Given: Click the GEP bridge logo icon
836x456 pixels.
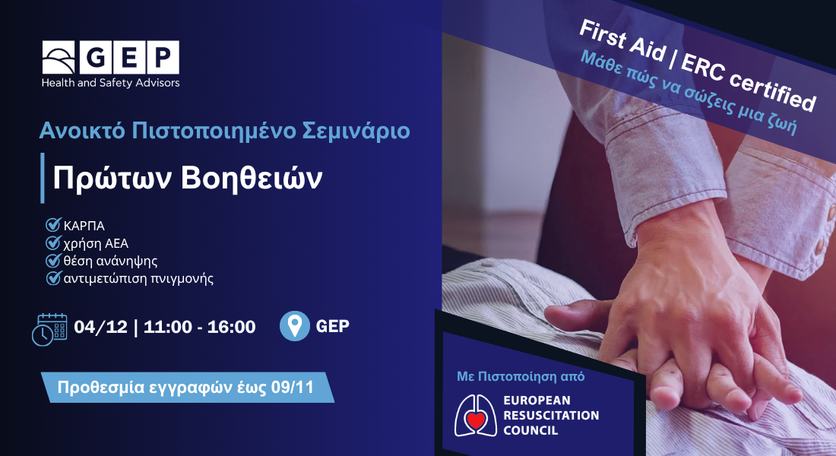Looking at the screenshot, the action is pos(59,58).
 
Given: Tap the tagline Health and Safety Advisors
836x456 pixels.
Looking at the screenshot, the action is pos(110,83).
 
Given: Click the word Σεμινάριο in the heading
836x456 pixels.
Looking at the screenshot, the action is pos(356,131).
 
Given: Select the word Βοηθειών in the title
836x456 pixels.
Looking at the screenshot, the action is pos(252,178).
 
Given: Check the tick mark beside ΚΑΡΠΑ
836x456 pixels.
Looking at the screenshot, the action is pos(52,224).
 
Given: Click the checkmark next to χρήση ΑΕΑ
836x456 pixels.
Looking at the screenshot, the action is pos(52,242).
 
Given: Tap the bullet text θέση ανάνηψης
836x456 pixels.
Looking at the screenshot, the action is pos(110,261).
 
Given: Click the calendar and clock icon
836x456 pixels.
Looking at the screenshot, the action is pos(49,329).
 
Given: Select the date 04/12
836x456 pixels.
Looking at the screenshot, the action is pos(101,326).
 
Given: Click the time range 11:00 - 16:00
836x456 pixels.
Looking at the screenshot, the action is pos(199,326).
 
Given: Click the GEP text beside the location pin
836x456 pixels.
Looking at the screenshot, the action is pos(333,326).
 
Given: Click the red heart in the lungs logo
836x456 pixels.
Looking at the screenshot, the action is pos(476,420).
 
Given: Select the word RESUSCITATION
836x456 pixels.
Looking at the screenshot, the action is pos(551,415).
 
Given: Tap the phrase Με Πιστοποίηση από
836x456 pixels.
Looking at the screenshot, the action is pos(521,376).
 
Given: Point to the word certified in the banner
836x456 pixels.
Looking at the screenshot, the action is pos(772,91).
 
